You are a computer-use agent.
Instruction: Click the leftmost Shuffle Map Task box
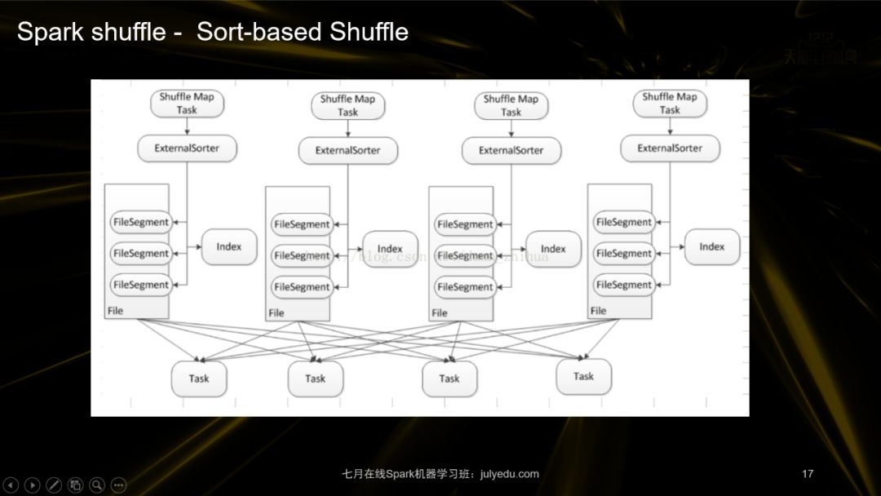tap(187, 103)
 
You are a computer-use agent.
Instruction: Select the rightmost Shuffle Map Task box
tap(670, 103)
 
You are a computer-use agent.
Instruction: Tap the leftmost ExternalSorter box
tap(187, 148)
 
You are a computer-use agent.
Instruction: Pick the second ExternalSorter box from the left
tap(348, 150)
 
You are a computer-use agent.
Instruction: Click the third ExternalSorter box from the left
tap(511, 150)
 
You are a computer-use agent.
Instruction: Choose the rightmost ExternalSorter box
tap(670, 148)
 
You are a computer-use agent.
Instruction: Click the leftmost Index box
tap(228, 246)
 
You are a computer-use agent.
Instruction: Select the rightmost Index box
tap(711, 246)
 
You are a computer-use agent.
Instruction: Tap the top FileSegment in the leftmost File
tap(141, 222)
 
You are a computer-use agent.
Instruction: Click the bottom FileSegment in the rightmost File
tap(624, 285)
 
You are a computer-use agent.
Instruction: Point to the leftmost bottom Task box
tap(199, 379)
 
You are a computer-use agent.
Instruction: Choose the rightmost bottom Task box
tap(583, 376)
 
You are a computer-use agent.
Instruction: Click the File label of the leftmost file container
tap(115, 311)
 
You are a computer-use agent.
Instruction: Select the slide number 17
tap(808, 474)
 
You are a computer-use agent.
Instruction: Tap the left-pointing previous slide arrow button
tap(11, 485)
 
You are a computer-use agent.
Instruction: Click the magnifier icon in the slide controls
tap(97, 485)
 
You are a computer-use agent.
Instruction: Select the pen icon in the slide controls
tap(54, 485)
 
